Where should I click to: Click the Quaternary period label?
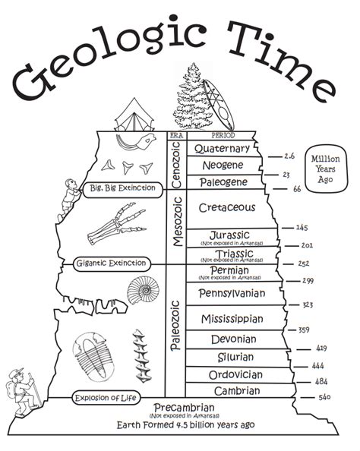pyautogui.click(x=221, y=149)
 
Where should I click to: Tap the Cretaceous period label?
pyautogui.click(x=226, y=207)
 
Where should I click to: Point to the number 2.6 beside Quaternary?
pyautogui.click(x=289, y=156)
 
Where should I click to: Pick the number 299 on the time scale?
pyautogui.click(x=308, y=281)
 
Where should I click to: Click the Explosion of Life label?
pyautogui.click(x=109, y=397)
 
